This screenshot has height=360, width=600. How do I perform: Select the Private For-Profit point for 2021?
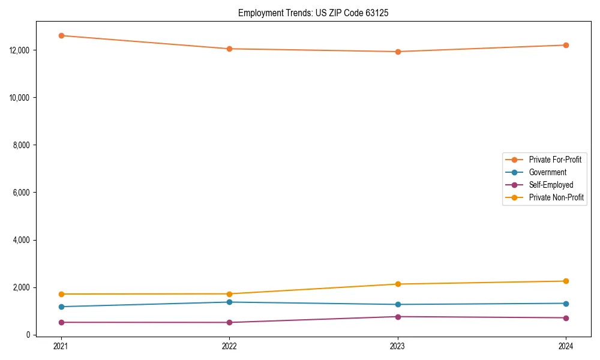tap(61, 35)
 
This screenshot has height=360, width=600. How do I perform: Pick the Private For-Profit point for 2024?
tap(566, 45)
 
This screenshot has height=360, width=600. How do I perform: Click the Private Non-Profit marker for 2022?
tap(229, 294)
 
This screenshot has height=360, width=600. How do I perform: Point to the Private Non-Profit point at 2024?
tap(566, 281)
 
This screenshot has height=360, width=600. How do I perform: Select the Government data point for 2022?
tap(229, 302)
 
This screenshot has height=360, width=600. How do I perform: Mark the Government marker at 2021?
tap(61, 307)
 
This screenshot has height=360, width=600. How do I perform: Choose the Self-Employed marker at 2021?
tap(61, 322)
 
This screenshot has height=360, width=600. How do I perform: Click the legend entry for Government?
tap(547, 172)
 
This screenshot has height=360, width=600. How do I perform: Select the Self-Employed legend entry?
tap(551, 185)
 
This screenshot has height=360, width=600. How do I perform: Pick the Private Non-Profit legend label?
tap(556, 197)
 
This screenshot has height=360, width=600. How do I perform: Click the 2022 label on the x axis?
tap(229, 346)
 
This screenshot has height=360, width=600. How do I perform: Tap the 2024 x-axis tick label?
tap(566, 346)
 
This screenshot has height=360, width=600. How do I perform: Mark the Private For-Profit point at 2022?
tap(229, 49)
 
